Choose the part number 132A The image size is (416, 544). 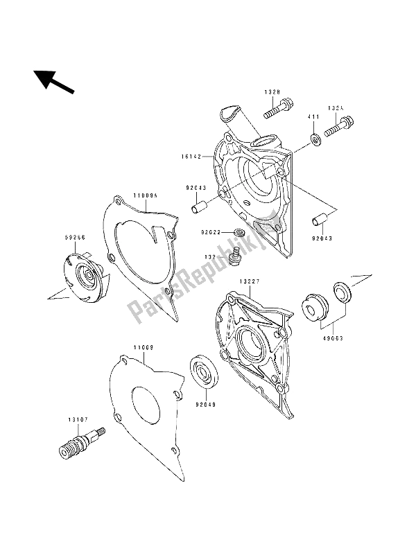tap(337, 108)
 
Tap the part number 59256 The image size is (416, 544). tap(74, 236)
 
